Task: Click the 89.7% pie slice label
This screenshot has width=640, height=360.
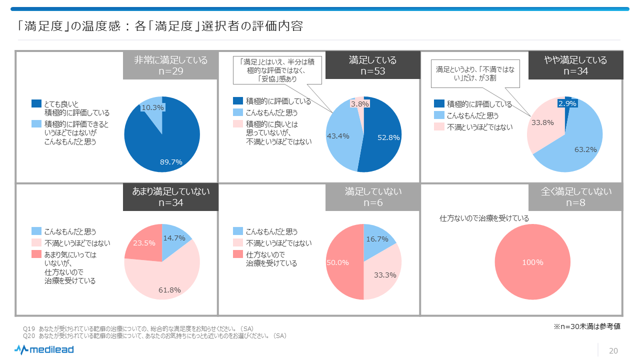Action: tap(171, 161)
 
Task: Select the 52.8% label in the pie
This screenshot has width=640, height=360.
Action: tap(388, 137)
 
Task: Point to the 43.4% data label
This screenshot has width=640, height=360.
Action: tap(337, 135)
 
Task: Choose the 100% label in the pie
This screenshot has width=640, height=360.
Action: tap(532, 262)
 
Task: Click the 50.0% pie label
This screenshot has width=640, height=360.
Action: tap(337, 262)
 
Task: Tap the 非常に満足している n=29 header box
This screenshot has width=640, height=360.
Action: tap(170, 65)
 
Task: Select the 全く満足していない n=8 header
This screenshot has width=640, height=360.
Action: tap(576, 197)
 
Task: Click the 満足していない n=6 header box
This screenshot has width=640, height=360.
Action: tap(373, 197)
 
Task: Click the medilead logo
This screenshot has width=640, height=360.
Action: tap(44, 349)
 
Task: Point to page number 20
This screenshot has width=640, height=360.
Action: tap(613, 350)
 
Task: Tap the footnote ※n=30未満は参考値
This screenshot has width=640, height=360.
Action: tap(586, 326)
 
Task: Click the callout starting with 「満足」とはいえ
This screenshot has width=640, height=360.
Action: tap(276, 69)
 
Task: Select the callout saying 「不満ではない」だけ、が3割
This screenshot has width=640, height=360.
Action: tap(473, 73)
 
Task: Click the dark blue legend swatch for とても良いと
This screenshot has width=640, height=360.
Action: tap(36, 103)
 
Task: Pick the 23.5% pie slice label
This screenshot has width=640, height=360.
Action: tap(144, 243)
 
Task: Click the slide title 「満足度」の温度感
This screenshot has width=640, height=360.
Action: tap(160, 25)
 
